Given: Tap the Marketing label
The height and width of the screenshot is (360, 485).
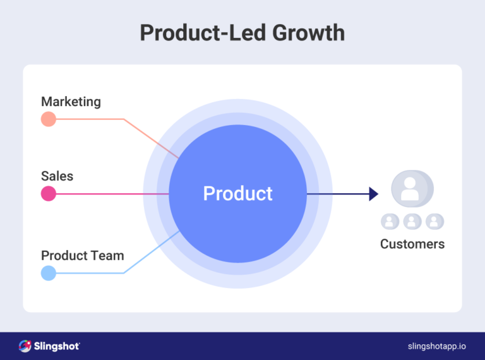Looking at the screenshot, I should pos(71,102).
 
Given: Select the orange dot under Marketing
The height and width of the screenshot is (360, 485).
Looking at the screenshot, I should pos(49,119).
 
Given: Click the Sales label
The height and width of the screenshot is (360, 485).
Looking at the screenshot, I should pos(57,176).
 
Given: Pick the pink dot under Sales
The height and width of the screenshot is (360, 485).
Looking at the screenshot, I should pos(49,194).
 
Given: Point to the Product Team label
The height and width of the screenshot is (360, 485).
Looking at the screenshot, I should pos(82,256).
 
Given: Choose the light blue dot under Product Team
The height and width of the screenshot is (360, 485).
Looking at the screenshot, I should pos(49,273).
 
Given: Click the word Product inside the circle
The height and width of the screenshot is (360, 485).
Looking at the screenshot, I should pos(237,193).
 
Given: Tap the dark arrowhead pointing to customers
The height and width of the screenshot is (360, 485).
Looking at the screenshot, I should pos(373,194).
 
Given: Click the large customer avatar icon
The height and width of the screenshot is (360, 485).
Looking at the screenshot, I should pos(411,188).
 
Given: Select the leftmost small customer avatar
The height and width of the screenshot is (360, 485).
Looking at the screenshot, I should pos(390,221).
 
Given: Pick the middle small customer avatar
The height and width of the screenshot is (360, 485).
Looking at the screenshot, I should pos(412,221).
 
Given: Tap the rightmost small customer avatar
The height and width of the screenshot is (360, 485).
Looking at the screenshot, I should pos(434,221).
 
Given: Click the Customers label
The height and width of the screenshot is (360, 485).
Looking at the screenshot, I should pos(412,244).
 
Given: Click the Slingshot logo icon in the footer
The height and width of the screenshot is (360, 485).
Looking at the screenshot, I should pos(25,345).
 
